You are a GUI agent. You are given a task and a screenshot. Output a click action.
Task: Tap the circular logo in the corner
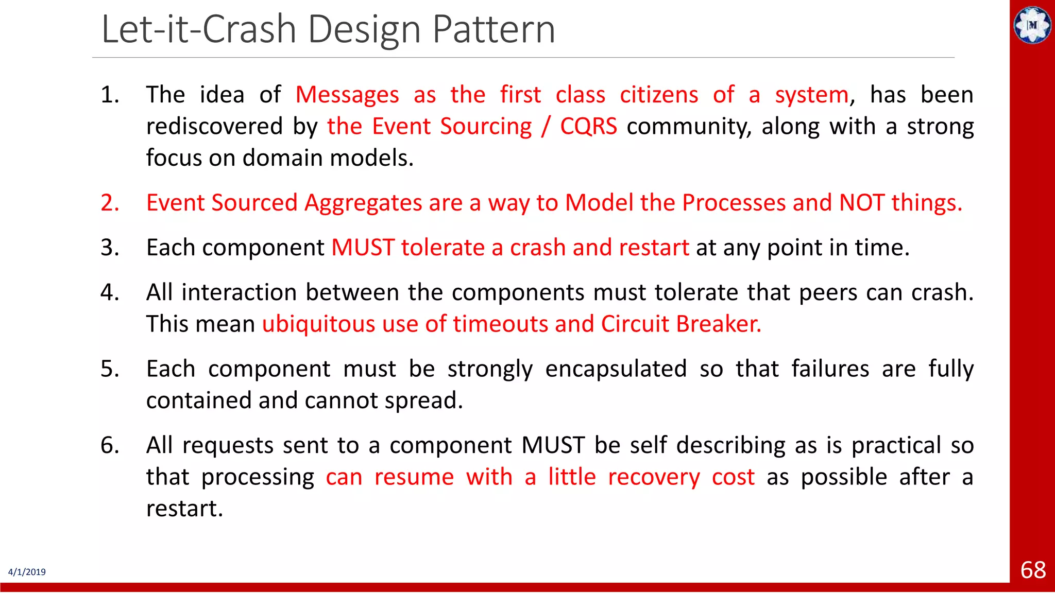pos(1032,25)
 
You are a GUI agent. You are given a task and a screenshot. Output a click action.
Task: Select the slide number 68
pos(1032,570)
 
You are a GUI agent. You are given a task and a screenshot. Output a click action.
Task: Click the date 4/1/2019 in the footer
pos(27,572)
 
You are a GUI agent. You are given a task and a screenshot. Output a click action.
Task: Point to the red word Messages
pos(347,95)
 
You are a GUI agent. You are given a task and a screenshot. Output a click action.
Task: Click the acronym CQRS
pos(588,127)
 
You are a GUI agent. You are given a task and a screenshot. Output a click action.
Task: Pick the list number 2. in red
pos(109,203)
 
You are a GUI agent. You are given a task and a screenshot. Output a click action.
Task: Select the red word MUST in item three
pos(363,248)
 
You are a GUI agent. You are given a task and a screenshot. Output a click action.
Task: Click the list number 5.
pos(109,369)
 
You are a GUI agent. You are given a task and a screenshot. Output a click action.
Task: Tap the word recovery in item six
pos(654,477)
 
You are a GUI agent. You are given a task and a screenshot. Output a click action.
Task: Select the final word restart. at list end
pos(184,509)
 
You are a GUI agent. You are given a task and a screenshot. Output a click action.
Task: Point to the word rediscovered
pos(214,127)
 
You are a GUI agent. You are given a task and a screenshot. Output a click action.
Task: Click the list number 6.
pos(109,445)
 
